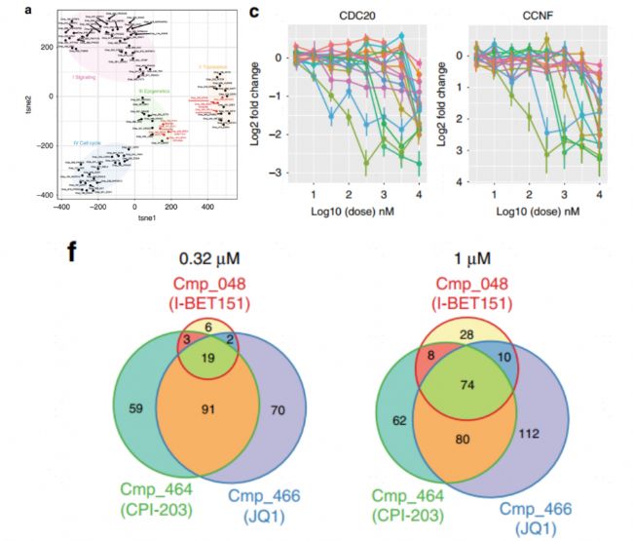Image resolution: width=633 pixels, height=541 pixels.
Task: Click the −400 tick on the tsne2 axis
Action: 43,196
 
